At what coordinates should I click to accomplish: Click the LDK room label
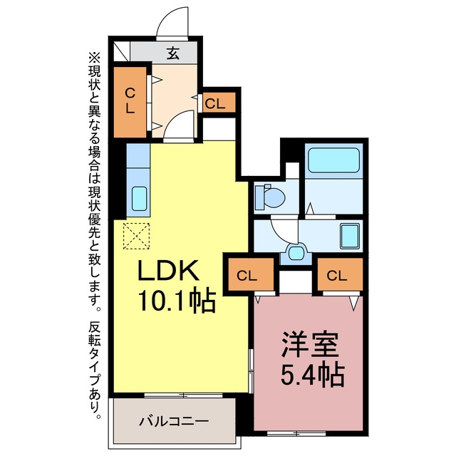click(168, 270)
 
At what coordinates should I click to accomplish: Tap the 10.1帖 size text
click(177, 301)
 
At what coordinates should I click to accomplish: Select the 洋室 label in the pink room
click(310, 345)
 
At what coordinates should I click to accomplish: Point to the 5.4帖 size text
click(313, 375)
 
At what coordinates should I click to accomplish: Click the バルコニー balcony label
click(174, 421)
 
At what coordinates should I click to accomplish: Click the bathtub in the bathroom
click(333, 160)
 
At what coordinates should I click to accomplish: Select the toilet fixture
click(270, 197)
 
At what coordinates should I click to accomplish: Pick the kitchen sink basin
click(139, 198)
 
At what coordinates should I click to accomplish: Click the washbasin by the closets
click(296, 252)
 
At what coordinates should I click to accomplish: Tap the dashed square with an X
click(136, 236)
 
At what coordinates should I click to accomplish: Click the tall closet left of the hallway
click(130, 102)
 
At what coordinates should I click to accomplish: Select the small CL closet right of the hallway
click(219, 103)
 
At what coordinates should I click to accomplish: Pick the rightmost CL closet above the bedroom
click(340, 274)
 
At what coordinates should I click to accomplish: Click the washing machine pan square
click(350, 237)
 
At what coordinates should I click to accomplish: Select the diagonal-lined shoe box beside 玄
click(122, 51)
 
